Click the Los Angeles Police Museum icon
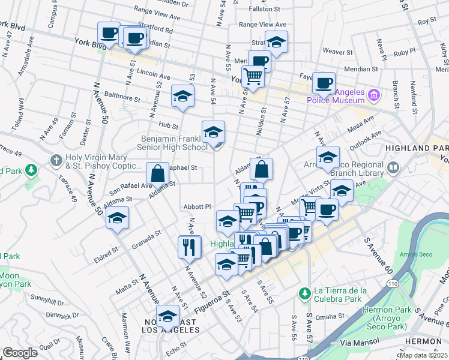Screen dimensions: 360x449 [375, 95]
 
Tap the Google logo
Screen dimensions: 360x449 [20, 353]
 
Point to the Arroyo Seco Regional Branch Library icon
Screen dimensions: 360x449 [393, 168]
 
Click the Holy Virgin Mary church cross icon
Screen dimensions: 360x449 [56, 160]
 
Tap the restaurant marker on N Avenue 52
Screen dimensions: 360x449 [189, 246]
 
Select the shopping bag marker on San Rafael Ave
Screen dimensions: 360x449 [157, 173]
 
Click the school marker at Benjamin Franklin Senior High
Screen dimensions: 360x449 [212, 133]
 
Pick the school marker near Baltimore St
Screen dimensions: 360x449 [182, 96]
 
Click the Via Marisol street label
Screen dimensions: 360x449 [360, 341]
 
